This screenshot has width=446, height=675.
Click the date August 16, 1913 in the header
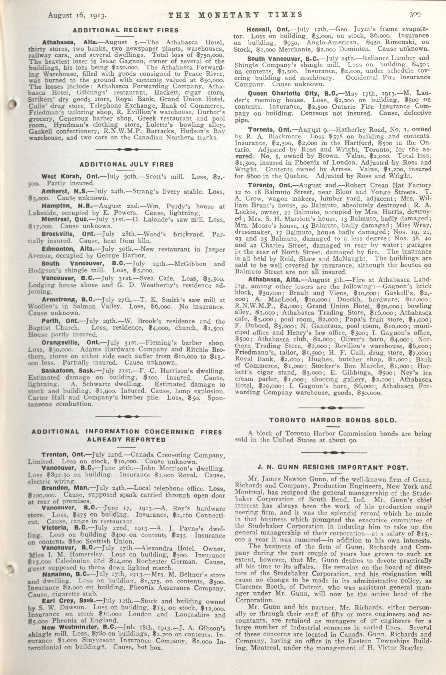point(77,15)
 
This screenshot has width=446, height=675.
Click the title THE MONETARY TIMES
point(235,15)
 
